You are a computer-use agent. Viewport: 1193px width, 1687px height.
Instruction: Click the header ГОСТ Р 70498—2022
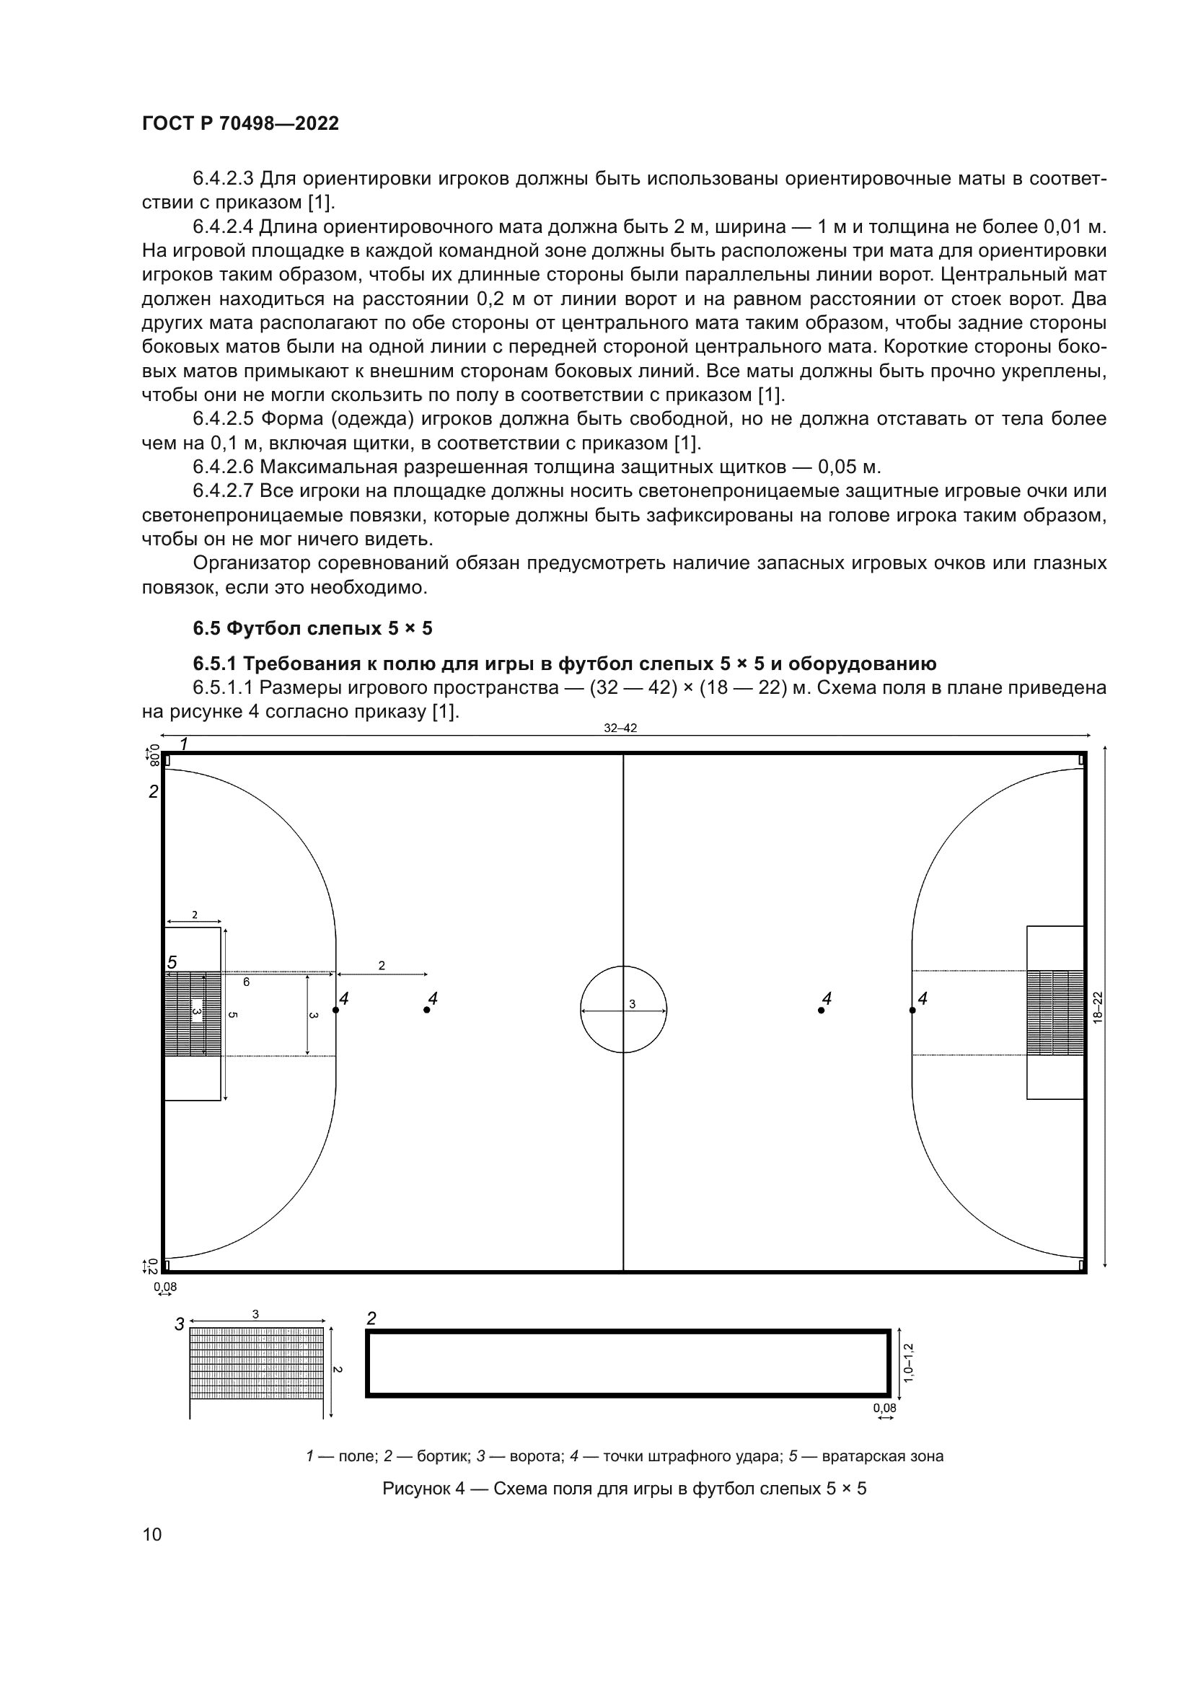240,123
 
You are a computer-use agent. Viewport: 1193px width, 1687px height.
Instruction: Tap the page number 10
152,1534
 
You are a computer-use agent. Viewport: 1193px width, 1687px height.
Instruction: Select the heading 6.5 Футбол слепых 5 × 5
312,628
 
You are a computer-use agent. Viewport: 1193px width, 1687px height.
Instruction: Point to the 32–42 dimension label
620,728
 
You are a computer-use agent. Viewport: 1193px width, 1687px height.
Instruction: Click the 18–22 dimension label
1098,1008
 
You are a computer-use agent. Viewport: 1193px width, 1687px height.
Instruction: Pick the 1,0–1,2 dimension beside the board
909,1363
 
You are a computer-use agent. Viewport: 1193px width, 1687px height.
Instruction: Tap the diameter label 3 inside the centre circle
632,1005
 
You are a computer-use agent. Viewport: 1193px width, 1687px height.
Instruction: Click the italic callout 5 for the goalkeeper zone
172,962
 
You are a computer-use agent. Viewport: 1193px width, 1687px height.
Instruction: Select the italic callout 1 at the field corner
184,744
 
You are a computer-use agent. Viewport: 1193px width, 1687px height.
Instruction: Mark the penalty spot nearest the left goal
335,1010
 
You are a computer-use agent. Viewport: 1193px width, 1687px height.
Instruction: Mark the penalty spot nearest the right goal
912,1010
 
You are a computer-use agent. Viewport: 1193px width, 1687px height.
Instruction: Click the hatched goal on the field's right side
1055,1013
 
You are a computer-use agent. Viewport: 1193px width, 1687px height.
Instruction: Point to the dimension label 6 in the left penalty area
246,982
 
